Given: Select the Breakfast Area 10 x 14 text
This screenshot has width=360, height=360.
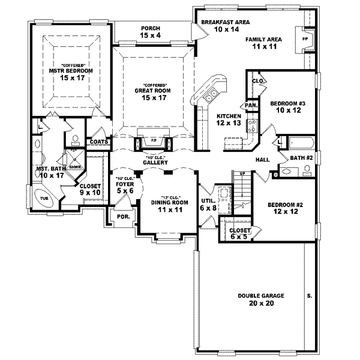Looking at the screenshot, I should click(225, 25).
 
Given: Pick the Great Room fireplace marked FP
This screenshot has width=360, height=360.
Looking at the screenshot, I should click(152, 143).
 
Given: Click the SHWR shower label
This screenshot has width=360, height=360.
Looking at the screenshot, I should click(76, 168).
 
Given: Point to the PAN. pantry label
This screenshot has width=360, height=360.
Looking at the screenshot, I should click(251, 105).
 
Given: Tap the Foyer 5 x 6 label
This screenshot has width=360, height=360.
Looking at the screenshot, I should click(125, 187).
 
